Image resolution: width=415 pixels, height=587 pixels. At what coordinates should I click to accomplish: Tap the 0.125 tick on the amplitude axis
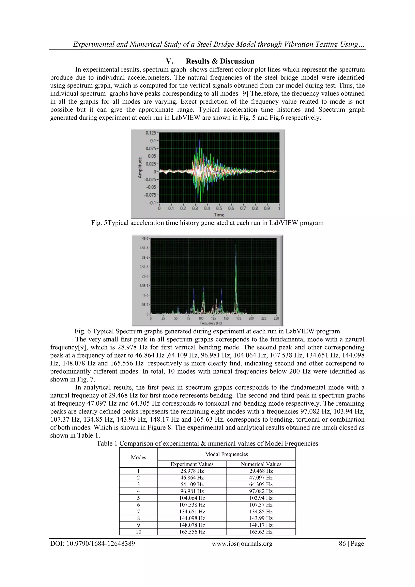click(151, 133)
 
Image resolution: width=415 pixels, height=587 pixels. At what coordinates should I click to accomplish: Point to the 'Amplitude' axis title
click(140, 167)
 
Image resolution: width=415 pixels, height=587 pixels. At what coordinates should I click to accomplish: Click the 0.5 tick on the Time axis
click(219, 208)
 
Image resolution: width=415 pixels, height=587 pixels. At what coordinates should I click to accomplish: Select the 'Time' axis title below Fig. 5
click(219, 215)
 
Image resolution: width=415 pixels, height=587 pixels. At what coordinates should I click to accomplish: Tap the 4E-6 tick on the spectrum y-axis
click(145, 238)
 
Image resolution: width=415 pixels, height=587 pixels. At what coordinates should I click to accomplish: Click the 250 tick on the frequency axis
click(276, 319)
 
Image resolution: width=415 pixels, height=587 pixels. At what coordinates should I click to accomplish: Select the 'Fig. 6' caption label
click(82, 331)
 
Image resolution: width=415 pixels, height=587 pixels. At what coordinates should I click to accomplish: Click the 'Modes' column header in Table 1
click(139, 457)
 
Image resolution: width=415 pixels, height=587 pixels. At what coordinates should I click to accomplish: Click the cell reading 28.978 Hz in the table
click(192, 471)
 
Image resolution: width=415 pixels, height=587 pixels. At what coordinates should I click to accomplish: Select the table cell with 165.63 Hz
click(261, 532)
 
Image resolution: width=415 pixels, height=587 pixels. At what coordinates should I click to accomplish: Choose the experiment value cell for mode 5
click(192, 498)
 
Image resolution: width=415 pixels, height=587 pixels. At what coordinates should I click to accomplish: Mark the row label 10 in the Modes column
click(139, 532)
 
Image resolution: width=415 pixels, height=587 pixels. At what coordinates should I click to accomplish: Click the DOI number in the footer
click(93, 544)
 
